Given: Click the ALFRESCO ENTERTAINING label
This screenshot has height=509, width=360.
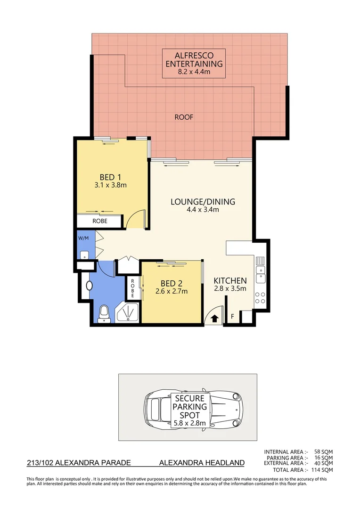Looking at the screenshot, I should [193, 59].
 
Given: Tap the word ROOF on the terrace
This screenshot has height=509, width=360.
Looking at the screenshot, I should [184, 117].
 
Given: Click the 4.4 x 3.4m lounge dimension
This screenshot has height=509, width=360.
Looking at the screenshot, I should [203, 210].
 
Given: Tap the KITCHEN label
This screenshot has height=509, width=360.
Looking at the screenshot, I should [230, 280].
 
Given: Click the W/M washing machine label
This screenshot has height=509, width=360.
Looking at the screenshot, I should [83, 238].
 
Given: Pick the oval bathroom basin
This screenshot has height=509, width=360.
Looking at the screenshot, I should [90, 285].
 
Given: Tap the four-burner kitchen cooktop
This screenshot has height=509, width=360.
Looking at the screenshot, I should [260, 297].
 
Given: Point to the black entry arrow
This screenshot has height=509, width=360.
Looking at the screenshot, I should [215, 319].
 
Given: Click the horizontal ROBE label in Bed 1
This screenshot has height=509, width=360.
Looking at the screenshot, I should [99, 221].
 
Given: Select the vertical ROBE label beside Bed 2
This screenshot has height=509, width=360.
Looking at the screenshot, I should [133, 288].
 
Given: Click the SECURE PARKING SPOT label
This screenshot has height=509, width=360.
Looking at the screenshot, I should [191, 410].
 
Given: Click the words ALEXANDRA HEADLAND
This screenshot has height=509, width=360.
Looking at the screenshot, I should [202, 463].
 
